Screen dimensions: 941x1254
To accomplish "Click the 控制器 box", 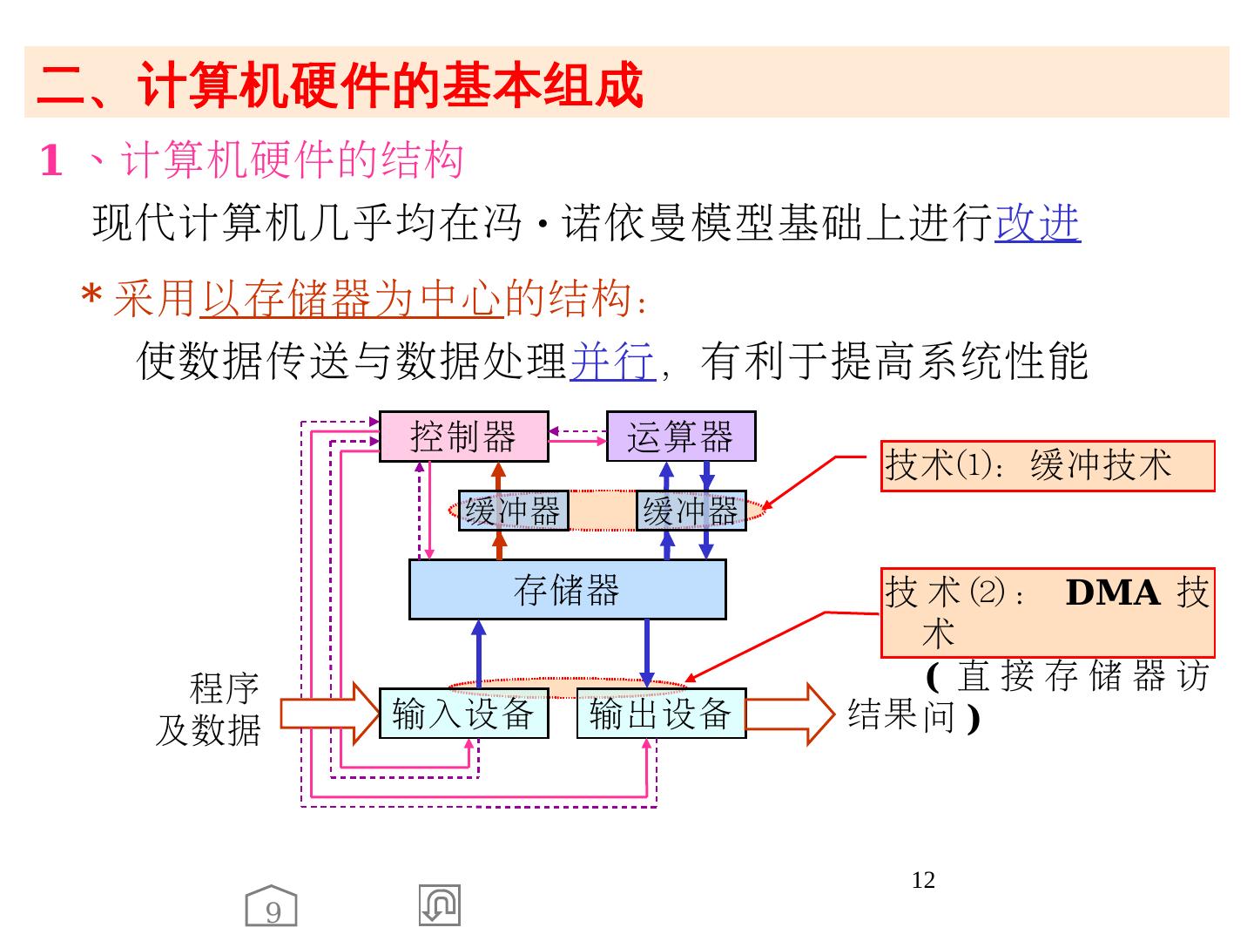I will tap(463, 437).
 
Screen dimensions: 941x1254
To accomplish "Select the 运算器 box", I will tap(680, 437).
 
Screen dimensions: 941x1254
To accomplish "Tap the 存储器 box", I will tap(567, 590).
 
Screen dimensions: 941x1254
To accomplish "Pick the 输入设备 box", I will tap(463, 714).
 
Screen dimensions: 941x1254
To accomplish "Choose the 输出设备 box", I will tap(661, 714).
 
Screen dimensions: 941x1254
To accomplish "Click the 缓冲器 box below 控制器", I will tap(513, 511).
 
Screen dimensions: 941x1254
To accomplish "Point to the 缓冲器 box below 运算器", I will tap(691, 511).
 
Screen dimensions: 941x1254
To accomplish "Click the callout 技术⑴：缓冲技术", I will tap(1047, 466).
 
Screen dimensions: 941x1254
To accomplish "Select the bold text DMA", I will tap(1112, 593).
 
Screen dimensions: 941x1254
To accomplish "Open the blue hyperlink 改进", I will tap(1037, 223).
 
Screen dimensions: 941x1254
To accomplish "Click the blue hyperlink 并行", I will tap(611, 362).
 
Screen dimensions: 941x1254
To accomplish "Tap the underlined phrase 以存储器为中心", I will tap(353, 299).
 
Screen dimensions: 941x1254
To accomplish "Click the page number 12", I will tap(923, 880).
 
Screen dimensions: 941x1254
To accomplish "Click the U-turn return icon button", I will tap(439, 905).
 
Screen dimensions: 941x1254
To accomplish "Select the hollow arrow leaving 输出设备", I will tap(788, 714).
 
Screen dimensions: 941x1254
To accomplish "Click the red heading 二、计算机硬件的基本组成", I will tap(340, 85).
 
